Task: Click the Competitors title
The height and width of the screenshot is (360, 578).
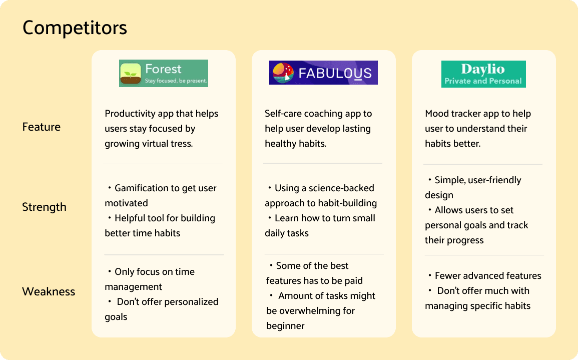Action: tap(75, 28)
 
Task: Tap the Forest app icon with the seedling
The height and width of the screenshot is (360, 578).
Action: tap(131, 74)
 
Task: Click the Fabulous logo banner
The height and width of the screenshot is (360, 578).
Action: tap(323, 73)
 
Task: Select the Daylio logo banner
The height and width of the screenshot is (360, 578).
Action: tap(483, 74)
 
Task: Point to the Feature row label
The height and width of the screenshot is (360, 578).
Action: tap(41, 127)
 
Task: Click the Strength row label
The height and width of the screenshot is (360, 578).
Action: tap(44, 207)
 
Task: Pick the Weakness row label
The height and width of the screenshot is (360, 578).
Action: tap(49, 291)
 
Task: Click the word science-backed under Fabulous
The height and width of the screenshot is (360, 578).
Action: tap(341, 188)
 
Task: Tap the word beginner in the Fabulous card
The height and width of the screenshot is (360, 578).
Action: tap(285, 326)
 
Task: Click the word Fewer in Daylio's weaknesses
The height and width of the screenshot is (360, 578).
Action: tap(447, 275)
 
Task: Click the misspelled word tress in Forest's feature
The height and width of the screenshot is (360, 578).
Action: tap(181, 144)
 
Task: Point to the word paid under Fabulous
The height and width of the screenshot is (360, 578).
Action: tap(353, 281)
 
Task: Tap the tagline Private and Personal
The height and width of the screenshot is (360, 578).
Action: tap(483, 81)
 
